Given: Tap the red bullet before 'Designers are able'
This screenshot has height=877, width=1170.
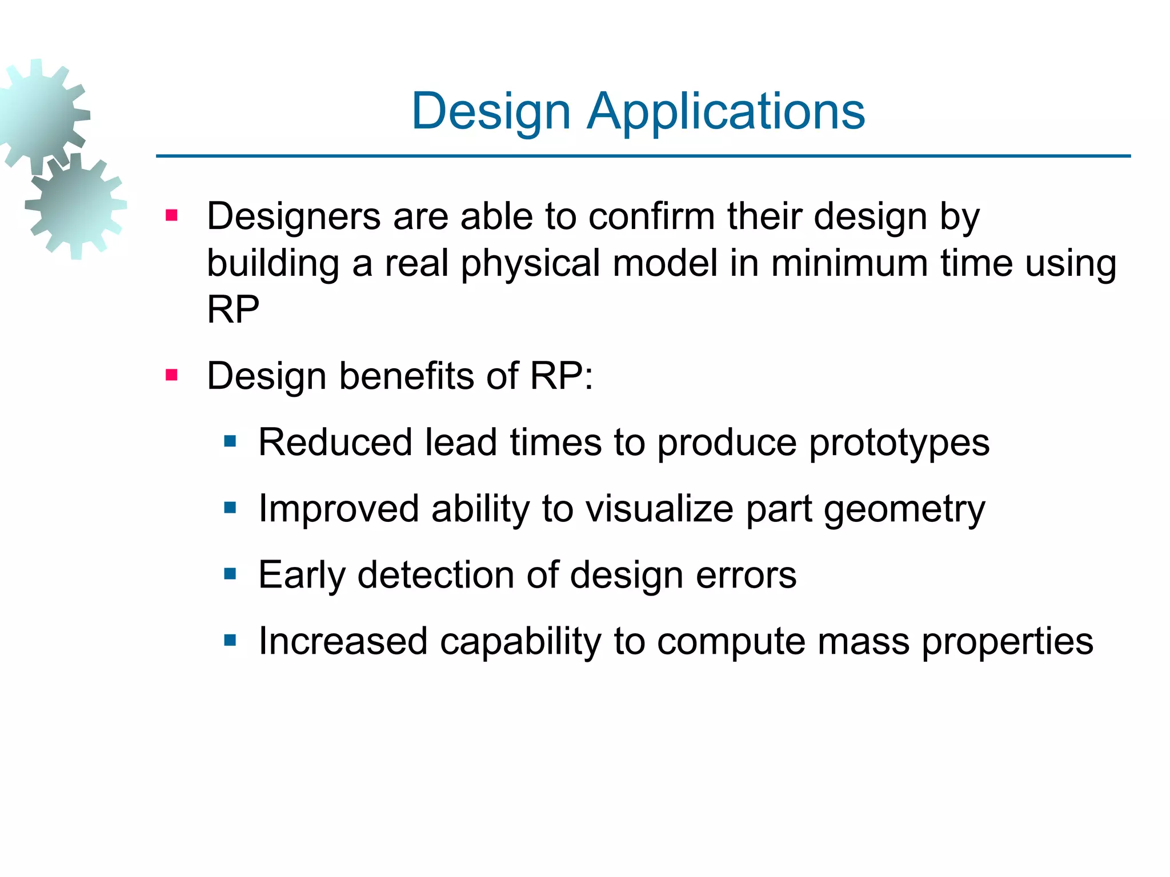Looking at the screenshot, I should [x=171, y=216].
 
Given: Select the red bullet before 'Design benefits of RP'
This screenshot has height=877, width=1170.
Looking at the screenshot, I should [x=171, y=375].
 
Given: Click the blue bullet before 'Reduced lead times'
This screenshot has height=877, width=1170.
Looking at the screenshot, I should [x=230, y=441].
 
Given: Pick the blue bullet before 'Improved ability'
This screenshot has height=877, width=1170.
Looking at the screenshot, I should [x=230, y=507].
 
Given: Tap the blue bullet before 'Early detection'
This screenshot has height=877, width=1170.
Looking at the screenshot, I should [x=230, y=574].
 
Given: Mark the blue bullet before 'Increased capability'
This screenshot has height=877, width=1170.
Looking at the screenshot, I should [x=230, y=640].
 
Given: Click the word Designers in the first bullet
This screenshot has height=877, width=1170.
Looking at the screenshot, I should [x=294, y=217].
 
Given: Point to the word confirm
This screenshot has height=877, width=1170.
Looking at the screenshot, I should [x=651, y=217].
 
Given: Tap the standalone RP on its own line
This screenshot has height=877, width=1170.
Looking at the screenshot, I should [x=233, y=309].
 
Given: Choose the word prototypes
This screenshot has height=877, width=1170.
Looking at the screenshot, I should [x=899, y=444].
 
